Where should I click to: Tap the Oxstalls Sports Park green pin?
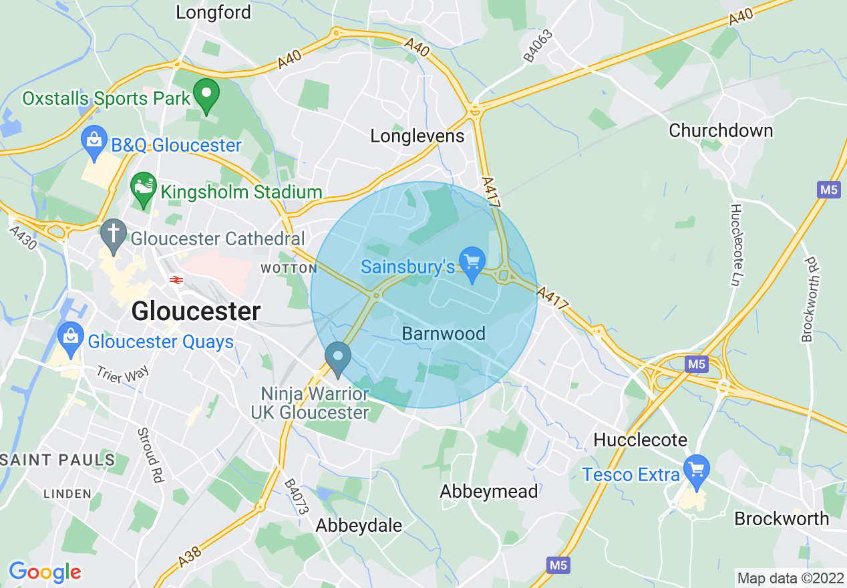206,95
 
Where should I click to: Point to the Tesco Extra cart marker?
697,470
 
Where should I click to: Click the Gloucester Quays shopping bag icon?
71,338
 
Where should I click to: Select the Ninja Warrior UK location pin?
338,357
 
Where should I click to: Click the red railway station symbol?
176,281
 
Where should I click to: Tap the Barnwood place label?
444,333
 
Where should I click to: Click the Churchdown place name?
721,130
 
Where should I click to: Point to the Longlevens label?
417,136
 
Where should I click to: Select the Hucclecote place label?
640,440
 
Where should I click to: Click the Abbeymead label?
488,492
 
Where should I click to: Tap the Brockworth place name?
781,519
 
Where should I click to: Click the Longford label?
213,12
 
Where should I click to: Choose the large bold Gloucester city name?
196,311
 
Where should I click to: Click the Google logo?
45,572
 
